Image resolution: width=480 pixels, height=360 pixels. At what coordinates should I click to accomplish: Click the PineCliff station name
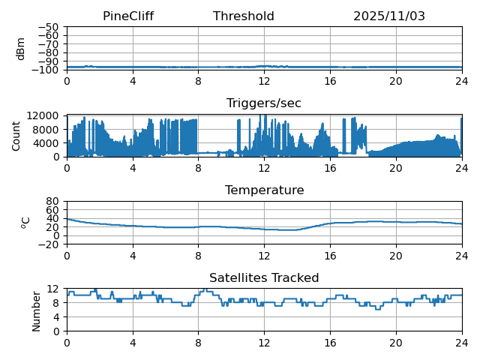(128, 16)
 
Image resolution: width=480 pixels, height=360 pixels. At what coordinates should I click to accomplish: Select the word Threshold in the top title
(244, 16)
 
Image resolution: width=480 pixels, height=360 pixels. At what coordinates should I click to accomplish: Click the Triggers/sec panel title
(264, 103)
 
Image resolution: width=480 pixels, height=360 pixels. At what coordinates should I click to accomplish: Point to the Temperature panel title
(264, 190)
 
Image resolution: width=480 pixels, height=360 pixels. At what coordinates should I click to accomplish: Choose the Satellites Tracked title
(264, 278)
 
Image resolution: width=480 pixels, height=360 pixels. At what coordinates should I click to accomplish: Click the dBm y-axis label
(21, 49)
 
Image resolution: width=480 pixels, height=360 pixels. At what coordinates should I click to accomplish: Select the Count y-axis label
(16, 136)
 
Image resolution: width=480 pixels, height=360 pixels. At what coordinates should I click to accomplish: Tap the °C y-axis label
(25, 223)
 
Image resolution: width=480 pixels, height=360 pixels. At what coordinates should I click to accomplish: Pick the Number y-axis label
(37, 310)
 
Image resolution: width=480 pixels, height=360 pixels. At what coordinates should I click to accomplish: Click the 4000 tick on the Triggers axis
(47, 143)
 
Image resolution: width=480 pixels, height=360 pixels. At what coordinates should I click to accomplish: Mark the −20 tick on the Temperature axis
(49, 244)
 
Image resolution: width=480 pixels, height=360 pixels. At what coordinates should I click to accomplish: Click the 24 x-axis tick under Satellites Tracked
(461, 342)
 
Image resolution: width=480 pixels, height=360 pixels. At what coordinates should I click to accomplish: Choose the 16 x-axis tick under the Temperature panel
(330, 255)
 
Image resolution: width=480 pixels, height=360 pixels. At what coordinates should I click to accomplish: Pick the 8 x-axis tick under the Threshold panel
(198, 81)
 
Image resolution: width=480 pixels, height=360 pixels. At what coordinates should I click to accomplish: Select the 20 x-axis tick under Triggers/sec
(396, 168)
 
